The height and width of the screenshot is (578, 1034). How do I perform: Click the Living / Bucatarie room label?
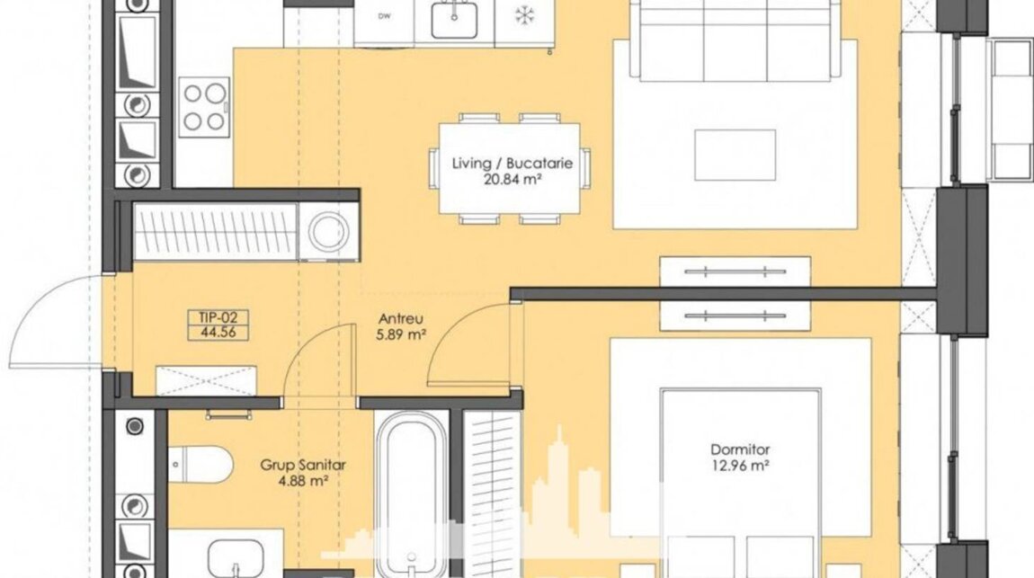(x=512, y=163)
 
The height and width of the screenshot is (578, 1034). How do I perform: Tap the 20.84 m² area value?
(x=512, y=179)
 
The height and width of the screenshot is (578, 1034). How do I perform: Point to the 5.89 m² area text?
(x=400, y=334)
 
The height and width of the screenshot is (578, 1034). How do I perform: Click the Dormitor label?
(x=740, y=450)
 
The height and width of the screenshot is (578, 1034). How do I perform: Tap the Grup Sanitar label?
(x=303, y=466)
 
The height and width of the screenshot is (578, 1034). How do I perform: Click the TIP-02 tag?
(x=218, y=318)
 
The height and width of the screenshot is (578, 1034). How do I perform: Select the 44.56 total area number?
(x=218, y=333)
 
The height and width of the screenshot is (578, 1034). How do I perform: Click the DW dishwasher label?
(x=383, y=16)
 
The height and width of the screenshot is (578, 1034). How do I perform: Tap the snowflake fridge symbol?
(x=524, y=16)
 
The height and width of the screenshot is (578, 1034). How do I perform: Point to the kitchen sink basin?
(x=455, y=19)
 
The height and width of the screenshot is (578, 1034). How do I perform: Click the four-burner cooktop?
(x=204, y=107)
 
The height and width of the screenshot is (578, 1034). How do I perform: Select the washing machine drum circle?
(x=328, y=231)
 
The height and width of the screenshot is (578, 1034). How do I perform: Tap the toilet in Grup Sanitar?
(x=199, y=464)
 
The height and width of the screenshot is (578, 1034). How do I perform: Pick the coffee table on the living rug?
(x=735, y=155)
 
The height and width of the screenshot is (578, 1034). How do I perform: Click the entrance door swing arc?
(x=40, y=310)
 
